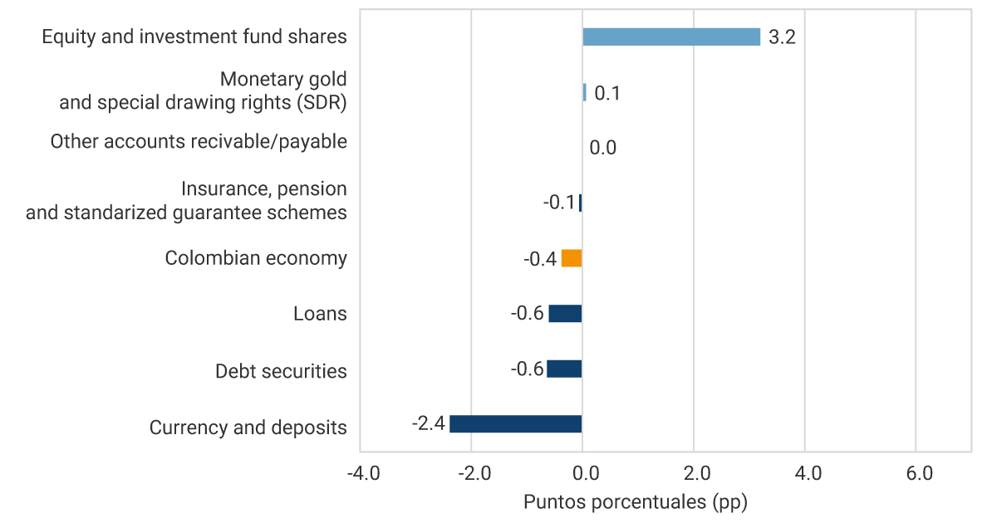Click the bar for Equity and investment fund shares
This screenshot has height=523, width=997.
click(671, 37)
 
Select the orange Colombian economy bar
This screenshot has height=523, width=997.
click(572, 258)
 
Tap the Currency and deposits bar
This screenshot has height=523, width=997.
click(516, 424)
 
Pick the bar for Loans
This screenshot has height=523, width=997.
click(565, 314)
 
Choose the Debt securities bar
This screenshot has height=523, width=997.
click(564, 369)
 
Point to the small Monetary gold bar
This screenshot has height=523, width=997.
click(584, 92)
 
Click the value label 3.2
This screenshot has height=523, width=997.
click(782, 37)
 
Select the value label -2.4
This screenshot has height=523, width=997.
click(428, 424)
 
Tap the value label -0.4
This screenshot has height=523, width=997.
click(540, 259)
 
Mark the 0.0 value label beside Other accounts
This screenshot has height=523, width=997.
click(602, 149)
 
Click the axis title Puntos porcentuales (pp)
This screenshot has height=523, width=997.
click(636, 502)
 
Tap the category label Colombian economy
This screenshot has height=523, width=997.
click(256, 258)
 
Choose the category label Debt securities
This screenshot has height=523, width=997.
click(281, 371)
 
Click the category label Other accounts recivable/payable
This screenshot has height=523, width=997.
click(199, 142)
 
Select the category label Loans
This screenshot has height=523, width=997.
click(320, 314)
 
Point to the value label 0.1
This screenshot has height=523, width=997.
click(607, 93)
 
